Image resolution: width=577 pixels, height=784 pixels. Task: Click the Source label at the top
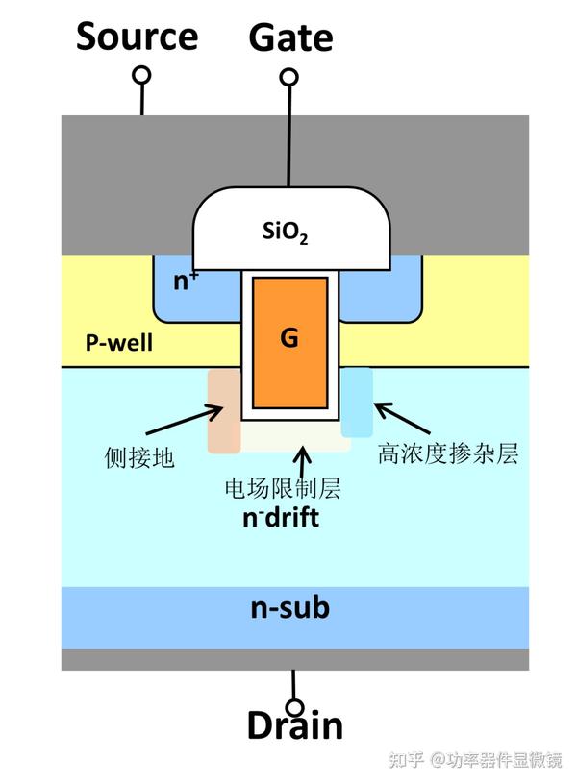click(138, 37)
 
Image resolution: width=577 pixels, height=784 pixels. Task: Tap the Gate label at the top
click(290, 38)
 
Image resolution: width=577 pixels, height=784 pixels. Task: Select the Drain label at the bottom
click(294, 725)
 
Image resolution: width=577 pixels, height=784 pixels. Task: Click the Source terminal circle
click(142, 75)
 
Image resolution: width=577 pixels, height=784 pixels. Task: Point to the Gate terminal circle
click(288, 76)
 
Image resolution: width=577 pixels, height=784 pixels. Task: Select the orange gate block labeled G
click(289, 341)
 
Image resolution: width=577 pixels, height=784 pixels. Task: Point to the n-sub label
click(289, 607)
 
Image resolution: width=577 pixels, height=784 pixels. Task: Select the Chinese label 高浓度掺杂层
click(448, 453)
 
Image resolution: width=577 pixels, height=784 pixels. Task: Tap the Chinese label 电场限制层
click(282, 489)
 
